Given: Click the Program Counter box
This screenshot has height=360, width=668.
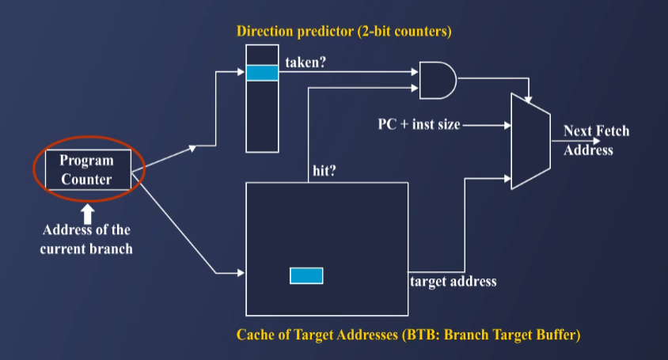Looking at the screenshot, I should pyautogui.click(x=87, y=169).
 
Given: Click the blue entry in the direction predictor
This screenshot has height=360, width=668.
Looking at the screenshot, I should pyautogui.click(x=262, y=73).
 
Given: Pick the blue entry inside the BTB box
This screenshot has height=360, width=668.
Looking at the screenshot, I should pyautogui.click(x=306, y=275).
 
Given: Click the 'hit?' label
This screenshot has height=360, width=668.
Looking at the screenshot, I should pyautogui.click(x=325, y=172).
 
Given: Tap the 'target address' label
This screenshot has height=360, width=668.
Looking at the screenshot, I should pyautogui.click(x=453, y=281).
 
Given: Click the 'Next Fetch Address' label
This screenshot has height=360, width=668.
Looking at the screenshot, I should pyautogui.click(x=595, y=140).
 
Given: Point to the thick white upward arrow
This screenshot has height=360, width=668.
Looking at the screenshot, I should pyautogui.click(x=87, y=212).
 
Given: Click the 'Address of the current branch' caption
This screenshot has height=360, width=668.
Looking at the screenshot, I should pyautogui.click(x=86, y=238).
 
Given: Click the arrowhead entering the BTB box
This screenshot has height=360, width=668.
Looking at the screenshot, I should pyautogui.click(x=239, y=274).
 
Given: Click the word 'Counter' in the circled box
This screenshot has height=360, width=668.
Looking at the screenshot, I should pyautogui.click(x=86, y=178).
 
